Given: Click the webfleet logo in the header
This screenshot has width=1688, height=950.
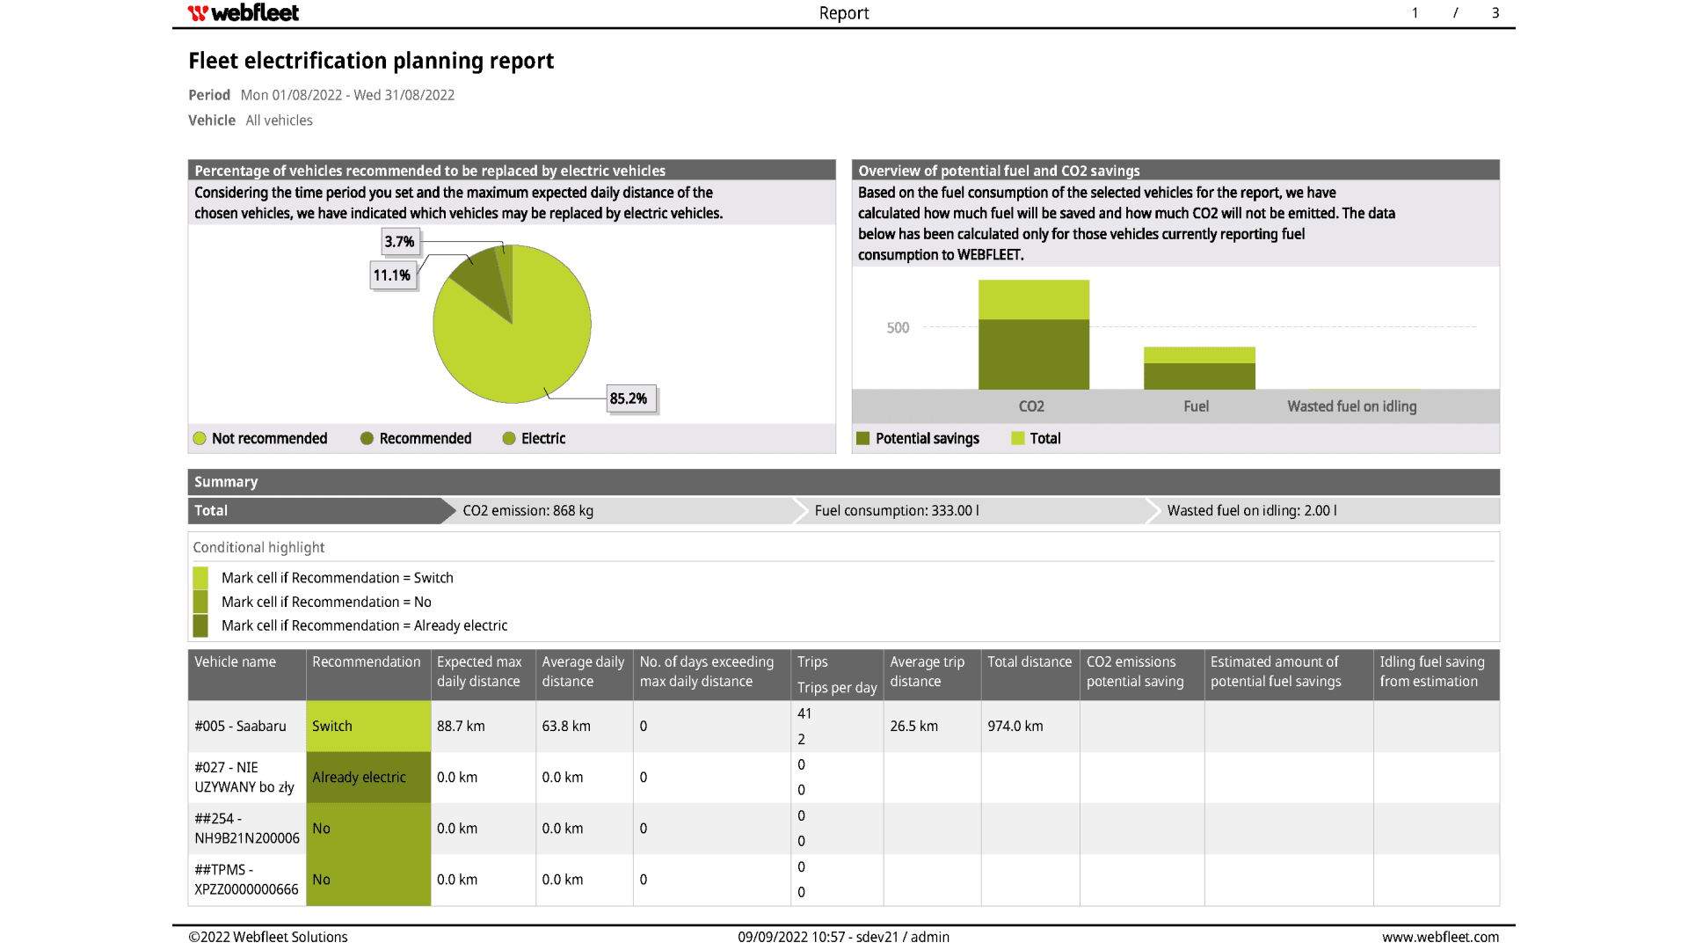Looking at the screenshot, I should [x=244, y=13].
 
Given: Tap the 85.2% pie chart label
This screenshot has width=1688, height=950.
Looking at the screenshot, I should [x=629, y=398].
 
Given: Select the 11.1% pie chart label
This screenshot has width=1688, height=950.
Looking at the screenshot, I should [x=392, y=275].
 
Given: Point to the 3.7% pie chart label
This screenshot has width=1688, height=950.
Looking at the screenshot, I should [x=399, y=242].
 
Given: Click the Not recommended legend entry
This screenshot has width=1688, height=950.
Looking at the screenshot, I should [x=260, y=438].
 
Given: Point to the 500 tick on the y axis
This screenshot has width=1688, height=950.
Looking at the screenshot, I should [x=898, y=328].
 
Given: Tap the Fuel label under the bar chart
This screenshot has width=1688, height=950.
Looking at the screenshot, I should [x=1196, y=406].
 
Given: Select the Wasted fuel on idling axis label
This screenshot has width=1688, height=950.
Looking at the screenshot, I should [x=1351, y=406].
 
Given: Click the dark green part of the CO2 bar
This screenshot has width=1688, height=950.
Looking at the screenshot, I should [x=1034, y=354].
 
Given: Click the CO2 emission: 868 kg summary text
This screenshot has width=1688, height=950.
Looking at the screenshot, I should [x=527, y=510].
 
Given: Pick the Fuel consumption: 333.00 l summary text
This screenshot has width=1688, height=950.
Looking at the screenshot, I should [x=897, y=510].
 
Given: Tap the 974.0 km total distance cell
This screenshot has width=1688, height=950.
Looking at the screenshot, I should [x=1015, y=726].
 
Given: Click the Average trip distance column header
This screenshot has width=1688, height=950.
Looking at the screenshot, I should [x=927, y=672].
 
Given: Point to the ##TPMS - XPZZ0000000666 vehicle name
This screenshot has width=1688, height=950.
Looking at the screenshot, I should [x=246, y=880].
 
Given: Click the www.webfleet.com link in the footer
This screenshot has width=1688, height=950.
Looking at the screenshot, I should [x=1440, y=937].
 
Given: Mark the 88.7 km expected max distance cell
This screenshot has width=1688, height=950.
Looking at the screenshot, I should [x=461, y=726].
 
